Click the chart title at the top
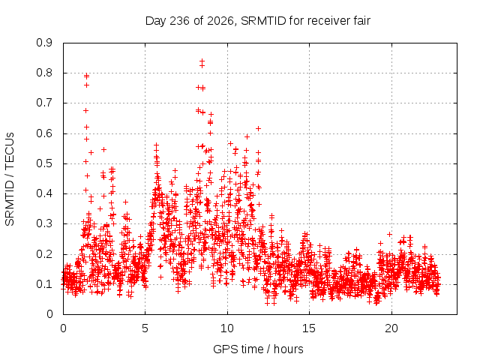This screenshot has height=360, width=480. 258,21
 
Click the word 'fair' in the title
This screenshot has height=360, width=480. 361,21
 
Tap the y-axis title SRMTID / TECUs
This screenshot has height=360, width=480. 10,179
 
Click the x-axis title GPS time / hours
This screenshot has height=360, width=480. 258,349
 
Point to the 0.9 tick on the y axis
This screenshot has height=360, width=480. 44,43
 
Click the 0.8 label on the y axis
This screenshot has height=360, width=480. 44,73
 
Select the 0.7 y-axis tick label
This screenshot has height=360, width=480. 44,103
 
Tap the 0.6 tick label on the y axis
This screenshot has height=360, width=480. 44,133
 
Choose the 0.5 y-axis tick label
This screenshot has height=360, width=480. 44,163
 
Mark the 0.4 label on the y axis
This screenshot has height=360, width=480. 44,193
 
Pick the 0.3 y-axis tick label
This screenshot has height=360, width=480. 44,223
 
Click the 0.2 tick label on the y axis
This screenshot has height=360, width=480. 44,254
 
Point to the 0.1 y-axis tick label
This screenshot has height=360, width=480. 44,284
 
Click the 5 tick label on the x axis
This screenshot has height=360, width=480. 145,328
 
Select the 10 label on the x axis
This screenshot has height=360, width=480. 227,328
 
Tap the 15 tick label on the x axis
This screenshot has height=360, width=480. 309,328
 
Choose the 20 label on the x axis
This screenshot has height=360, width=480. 391,328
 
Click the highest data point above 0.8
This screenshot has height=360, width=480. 202,61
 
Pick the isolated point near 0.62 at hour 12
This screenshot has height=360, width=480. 258,128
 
